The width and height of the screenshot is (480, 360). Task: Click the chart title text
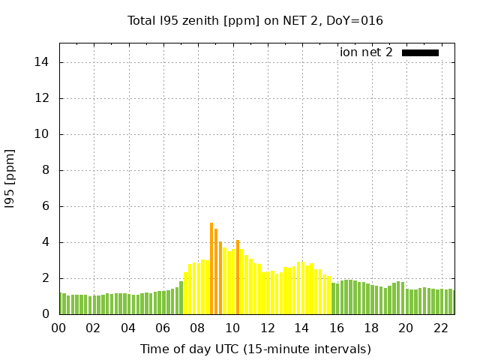point(255,21)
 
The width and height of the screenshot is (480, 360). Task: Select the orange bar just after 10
point(238,277)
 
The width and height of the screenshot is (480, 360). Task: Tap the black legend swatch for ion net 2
point(420,52)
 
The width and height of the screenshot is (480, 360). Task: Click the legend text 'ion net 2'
point(366,52)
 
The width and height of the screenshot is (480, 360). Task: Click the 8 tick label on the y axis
point(46,170)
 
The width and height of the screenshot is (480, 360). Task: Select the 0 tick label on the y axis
point(46,314)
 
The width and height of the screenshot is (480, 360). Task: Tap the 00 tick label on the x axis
point(58,328)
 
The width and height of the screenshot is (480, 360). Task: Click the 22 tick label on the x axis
point(440,328)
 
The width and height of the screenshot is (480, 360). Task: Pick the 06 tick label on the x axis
point(163,328)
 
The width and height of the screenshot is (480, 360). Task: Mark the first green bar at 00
point(60,304)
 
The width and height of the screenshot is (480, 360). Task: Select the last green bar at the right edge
point(453,302)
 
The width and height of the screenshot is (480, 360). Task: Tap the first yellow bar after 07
point(185,293)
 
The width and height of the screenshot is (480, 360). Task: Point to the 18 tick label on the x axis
point(371,328)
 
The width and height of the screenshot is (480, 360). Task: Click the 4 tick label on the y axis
point(46,242)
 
